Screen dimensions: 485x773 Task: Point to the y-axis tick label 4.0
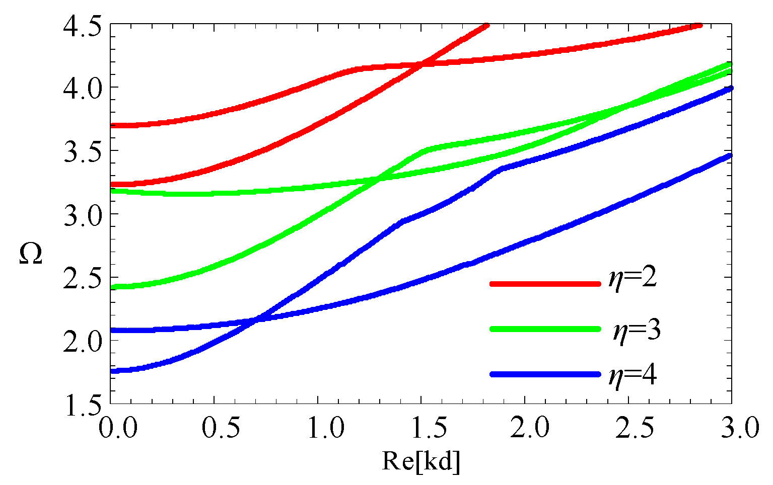[x=82, y=88]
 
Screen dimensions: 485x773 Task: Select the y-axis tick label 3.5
[x=82, y=151]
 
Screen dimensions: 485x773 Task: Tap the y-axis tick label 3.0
[x=82, y=214]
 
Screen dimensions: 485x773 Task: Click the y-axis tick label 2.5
[x=82, y=277]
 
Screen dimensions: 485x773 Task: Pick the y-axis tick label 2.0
[x=82, y=341]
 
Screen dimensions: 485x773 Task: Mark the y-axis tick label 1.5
[x=82, y=404]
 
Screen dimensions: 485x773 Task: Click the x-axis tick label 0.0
[x=117, y=428]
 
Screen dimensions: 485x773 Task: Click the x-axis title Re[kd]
[x=421, y=461]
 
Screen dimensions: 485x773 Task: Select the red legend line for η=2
[x=545, y=284]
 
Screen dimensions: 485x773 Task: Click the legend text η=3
[x=636, y=331]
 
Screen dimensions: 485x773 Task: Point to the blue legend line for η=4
[x=545, y=374]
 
